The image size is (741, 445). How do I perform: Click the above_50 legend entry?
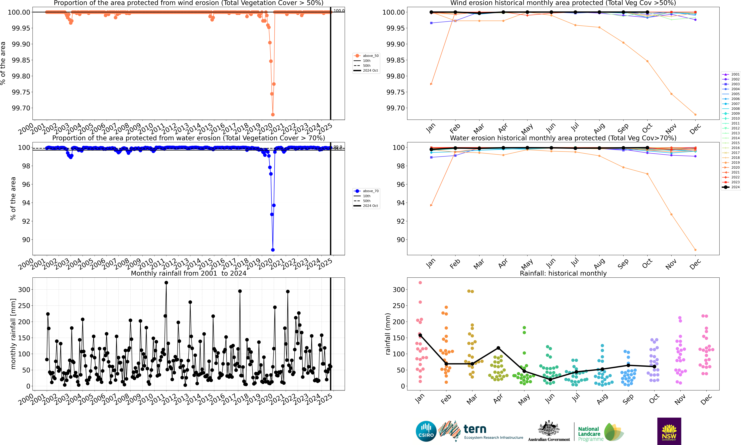(370, 56)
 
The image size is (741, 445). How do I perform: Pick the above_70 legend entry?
(370, 191)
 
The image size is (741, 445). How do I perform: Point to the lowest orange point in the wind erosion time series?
(273, 115)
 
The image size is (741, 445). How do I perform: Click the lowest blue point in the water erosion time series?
(273, 250)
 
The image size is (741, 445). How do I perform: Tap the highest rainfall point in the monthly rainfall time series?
(166, 283)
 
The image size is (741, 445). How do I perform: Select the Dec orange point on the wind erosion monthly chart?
(695, 115)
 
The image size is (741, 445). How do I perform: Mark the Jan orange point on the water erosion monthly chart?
(431, 205)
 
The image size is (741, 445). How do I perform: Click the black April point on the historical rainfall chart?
(498, 348)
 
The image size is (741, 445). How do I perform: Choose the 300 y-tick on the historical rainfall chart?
(398, 290)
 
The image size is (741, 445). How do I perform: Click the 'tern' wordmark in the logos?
(475, 429)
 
